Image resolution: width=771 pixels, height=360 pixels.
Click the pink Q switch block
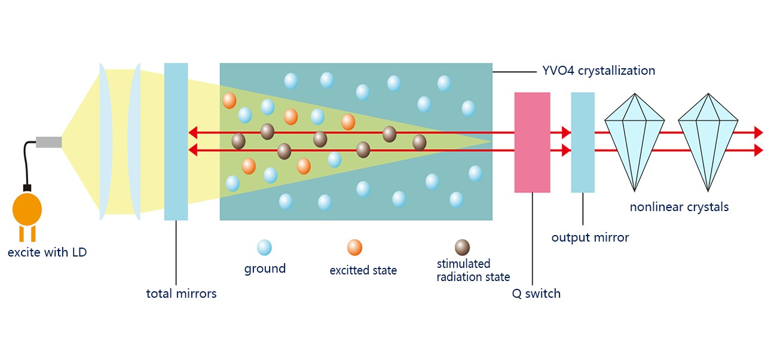click(532, 142)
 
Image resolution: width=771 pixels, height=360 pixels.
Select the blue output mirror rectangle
click(583, 142)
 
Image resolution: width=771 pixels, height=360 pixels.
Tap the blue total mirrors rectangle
click(176, 142)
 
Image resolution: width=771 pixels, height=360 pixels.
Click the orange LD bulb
click(27, 209)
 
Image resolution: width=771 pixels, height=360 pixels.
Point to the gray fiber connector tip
click(49, 142)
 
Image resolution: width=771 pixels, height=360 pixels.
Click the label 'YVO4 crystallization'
click(598, 71)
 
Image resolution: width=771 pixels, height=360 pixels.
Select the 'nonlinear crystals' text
click(679, 207)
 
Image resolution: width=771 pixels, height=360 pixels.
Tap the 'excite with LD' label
click(47, 252)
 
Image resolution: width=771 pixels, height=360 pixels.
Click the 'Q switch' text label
click(536, 294)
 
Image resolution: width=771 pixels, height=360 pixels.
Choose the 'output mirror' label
click(590, 237)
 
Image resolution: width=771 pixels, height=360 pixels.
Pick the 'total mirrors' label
click(181, 294)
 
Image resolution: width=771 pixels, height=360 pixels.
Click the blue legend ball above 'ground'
click(264, 248)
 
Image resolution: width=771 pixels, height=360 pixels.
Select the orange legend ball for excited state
click(354, 248)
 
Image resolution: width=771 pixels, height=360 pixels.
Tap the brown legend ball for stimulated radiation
click(462, 248)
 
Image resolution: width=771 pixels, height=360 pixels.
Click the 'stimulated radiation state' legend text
click(473, 270)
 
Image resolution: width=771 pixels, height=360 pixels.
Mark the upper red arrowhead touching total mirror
click(192, 132)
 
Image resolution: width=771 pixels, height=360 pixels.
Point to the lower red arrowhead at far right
click(758, 150)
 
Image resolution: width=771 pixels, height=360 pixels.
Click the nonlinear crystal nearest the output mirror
click(634, 142)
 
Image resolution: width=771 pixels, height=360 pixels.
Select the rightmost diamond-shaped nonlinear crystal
click(708, 142)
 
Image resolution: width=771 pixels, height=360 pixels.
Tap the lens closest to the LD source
click(106, 142)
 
